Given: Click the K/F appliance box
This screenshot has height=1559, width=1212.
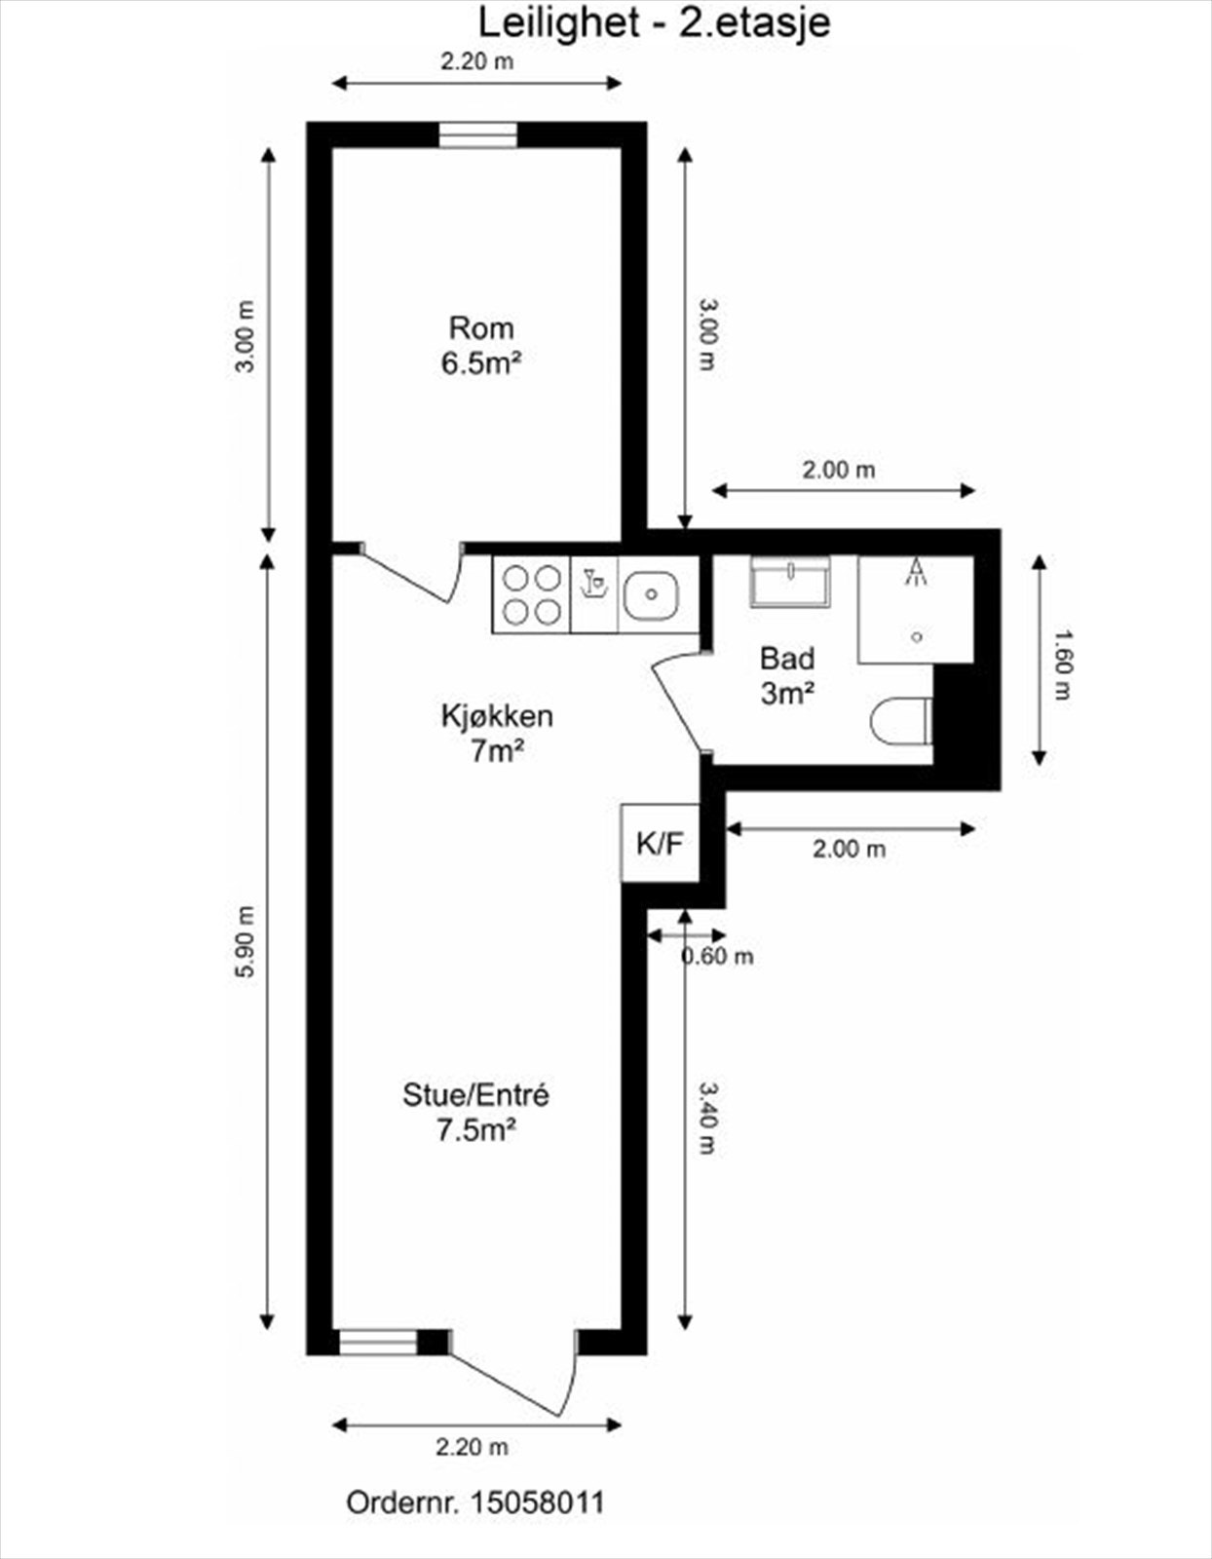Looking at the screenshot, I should click(661, 843).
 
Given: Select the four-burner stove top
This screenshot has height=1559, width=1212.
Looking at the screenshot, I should click(531, 594).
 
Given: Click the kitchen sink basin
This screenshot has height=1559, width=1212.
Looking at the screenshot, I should click(651, 594).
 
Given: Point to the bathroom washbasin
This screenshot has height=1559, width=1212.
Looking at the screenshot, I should click(790, 583).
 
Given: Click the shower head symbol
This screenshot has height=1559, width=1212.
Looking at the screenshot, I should click(916, 572).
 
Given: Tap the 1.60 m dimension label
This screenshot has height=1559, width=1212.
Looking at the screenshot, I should click(1063, 665).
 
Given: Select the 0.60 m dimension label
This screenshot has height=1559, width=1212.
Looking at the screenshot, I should click(717, 957).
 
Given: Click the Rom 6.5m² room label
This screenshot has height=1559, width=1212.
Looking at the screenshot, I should click(481, 345).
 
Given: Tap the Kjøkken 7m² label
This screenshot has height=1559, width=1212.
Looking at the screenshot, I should click(497, 733).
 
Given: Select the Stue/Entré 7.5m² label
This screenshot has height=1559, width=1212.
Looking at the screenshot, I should click(475, 1112).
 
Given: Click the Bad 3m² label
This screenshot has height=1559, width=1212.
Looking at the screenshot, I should click(787, 675).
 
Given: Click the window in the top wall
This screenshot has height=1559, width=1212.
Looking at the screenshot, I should click(477, 134).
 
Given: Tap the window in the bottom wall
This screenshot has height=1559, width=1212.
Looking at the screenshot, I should click(378, 1342).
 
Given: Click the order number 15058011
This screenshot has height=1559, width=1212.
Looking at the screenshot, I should click(537, 1502).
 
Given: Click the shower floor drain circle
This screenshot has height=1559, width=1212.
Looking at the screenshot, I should click(917, 637).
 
